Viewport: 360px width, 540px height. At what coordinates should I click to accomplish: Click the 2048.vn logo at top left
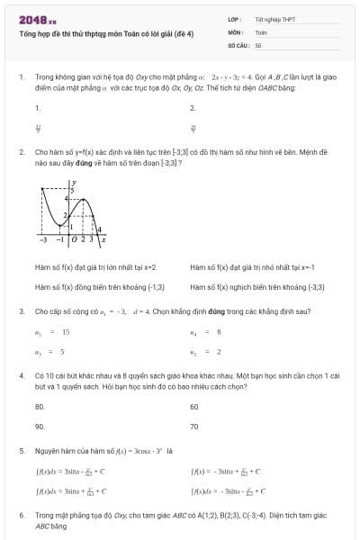pyautogui.click(x=37, y=18)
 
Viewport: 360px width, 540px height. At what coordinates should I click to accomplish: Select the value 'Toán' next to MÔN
pyautogui.click(x=261, y=31)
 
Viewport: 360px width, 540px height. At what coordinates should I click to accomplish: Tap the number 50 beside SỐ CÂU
pyautogui.click(x=258, y=44)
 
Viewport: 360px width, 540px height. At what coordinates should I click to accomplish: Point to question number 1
pyautogui.click(x=21, y=79)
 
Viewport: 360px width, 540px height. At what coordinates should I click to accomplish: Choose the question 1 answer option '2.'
pyautogui.click(x=193, y=108)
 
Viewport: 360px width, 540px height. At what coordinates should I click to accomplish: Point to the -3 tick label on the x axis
pyautogui.click(x=43, y=239)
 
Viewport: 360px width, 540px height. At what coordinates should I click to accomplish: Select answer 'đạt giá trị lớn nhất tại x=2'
pyautogui.click(x=95, y=267)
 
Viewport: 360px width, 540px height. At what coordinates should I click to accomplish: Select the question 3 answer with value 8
pyautogui.click(x=216, y=332)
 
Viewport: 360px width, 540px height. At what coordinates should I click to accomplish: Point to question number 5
pyautogui.click(x=21, y=449)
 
